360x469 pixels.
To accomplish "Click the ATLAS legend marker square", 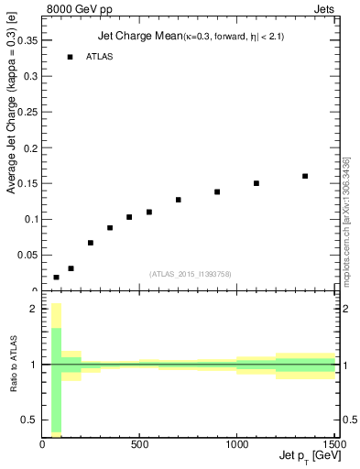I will tap(70, 57).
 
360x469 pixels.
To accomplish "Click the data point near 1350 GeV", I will tap(305, 176).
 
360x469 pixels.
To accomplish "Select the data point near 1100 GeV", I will tap(256, 183).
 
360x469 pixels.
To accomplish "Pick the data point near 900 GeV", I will tap(217, 191).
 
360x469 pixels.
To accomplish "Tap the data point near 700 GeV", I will tap(179, 200).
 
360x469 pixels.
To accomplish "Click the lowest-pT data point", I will tap(57, 277).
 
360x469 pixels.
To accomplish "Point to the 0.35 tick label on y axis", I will tap(29, 40).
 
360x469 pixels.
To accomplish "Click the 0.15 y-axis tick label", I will tap(29, 183).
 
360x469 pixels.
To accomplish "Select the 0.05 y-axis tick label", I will tap(29, 255).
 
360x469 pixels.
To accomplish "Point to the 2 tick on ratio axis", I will tap(33, 310).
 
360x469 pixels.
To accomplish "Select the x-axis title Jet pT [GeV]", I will tap(306, 457).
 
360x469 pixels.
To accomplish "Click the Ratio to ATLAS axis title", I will tap(12, 365).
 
